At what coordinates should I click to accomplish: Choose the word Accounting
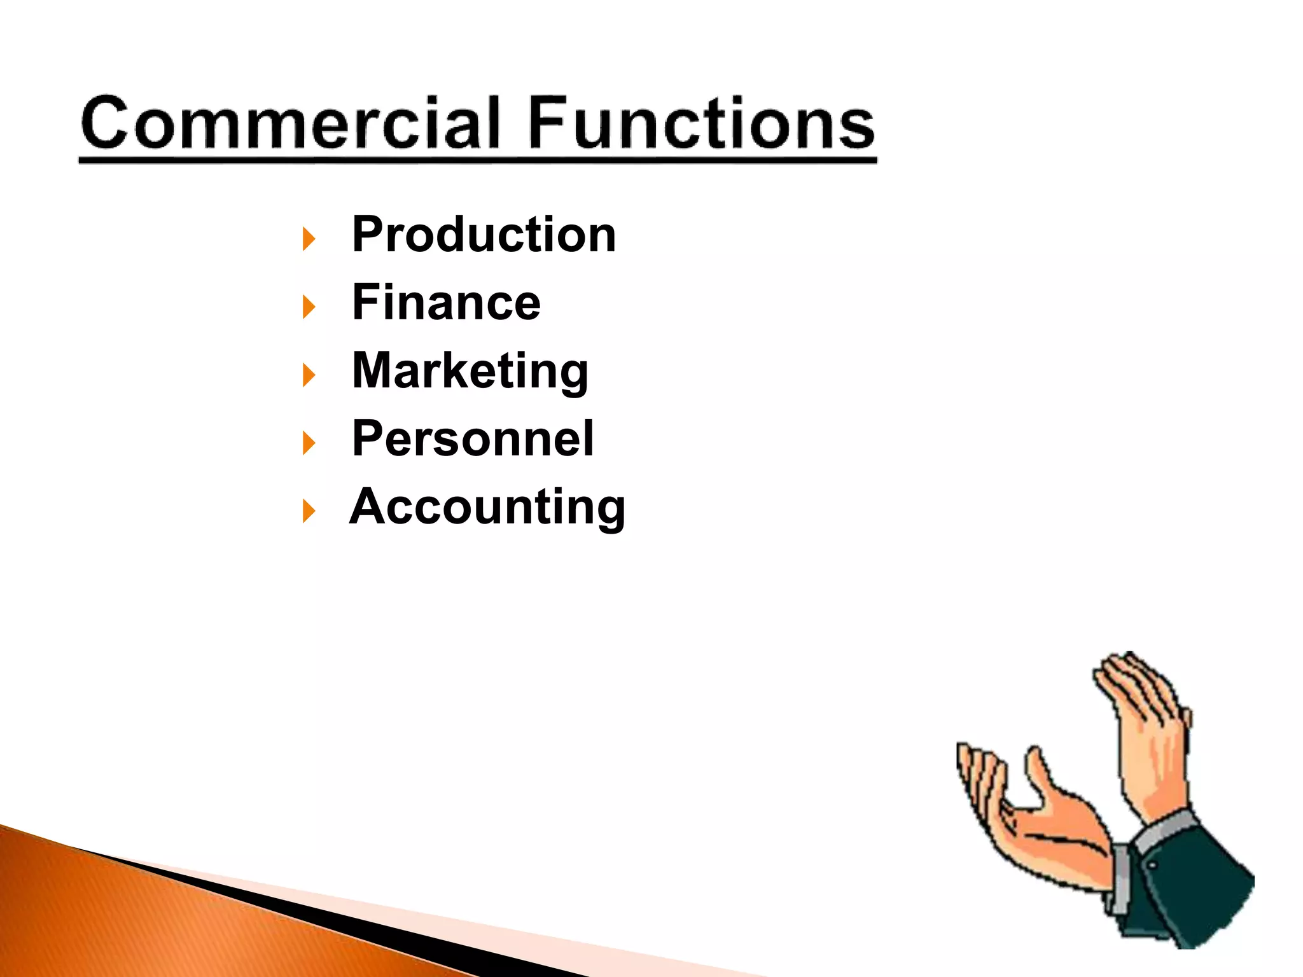487,507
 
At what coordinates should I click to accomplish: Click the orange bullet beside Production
309,239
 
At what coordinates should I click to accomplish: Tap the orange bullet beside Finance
309,307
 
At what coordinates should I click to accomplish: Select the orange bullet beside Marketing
309,375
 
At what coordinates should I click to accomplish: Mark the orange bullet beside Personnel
309,443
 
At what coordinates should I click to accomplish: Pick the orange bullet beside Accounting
309,511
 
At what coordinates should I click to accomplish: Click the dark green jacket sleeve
1190,890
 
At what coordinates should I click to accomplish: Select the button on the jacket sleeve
1153,866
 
